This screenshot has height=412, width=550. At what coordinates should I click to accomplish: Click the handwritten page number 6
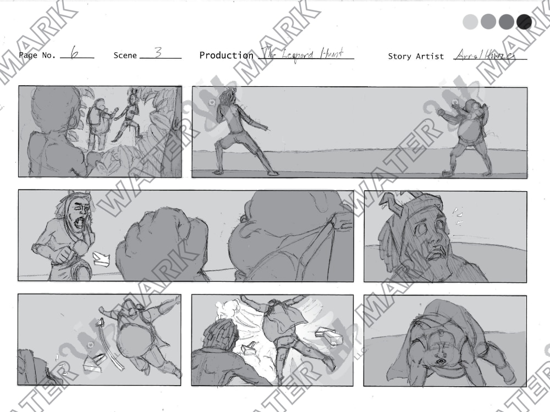click(x=75, y=53)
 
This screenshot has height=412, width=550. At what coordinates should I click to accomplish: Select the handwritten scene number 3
click(x=158, y=53)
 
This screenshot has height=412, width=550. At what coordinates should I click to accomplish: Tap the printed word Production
click(x=226, y=55)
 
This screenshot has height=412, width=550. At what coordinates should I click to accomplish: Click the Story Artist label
click(x=416, y=56)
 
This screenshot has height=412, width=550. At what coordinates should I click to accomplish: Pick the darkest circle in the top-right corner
click(x=524, y=22)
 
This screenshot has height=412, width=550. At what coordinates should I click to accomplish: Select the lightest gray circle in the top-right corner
click(x=471, y=22)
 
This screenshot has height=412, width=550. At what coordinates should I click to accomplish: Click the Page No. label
click(x=37, y=55)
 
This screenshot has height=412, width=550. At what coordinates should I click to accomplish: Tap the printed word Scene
click(x=125, y=55)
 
